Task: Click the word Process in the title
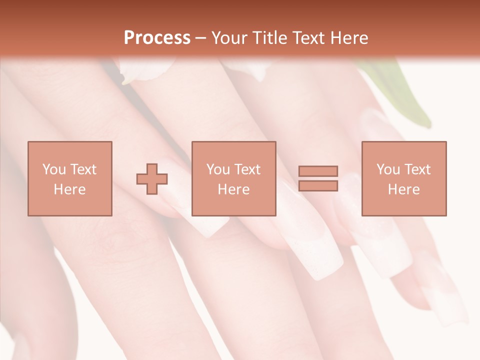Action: point(157,38)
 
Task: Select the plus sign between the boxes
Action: point(152,178)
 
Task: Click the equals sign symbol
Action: point(318,178)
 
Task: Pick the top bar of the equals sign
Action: point(318,171)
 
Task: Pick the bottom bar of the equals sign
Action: point(318,185)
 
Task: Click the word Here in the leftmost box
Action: point(69,189)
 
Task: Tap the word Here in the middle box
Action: point(234,189)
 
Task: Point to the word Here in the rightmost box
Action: point(404,189)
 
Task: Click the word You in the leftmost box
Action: point(54,169)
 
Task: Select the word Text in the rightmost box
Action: point(417,169)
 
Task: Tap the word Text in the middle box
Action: point(247,169)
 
